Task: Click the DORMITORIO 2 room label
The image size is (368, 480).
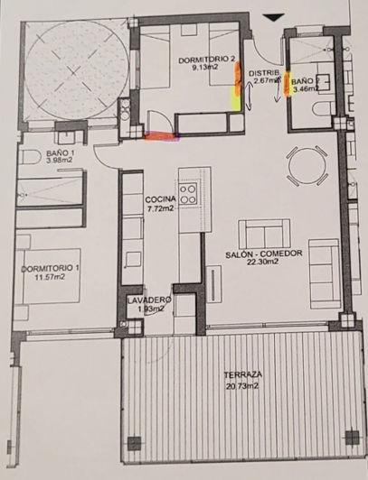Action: coord(207,60)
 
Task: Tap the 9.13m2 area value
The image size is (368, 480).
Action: coord(207,68)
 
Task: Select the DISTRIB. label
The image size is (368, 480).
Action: coord(263,72)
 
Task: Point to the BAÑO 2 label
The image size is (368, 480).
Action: coord(304,81)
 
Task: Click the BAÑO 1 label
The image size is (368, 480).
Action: coord(60,153)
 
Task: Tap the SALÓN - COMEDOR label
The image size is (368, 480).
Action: coord(264,254)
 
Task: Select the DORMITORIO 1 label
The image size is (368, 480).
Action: coord(51,269)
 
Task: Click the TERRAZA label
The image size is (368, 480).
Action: coord(241,374)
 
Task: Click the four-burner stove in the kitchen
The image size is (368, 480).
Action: coord(189,192)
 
